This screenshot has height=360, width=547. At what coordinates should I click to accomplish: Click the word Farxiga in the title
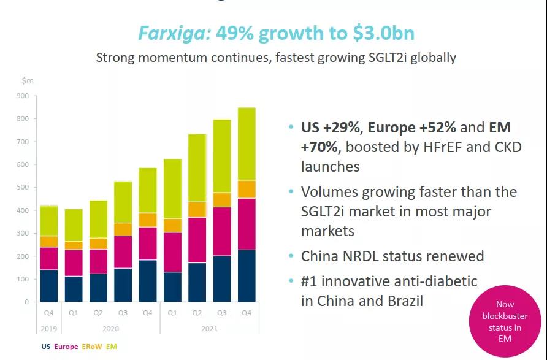[x=174, y=33]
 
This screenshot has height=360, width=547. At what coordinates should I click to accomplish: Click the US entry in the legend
[x=46, y=347]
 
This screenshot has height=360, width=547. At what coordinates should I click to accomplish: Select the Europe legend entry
[x=66, y=347]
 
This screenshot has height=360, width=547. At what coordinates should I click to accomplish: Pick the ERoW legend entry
[x=92, y=347]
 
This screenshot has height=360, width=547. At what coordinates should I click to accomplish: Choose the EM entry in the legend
[x=112, y=347]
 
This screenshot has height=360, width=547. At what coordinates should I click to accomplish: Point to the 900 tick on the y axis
[x=23, y=96]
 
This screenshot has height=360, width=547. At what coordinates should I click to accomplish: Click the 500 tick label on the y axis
[x=23, y=187]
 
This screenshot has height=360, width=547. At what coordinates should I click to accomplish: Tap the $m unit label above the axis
[x=28, y=80]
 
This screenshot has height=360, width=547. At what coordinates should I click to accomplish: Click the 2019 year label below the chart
[x=48, y=328]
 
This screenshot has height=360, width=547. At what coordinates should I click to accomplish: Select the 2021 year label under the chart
[x=210, y=328]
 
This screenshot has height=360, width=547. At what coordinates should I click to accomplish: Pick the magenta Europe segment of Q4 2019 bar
[x=48, y=258]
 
